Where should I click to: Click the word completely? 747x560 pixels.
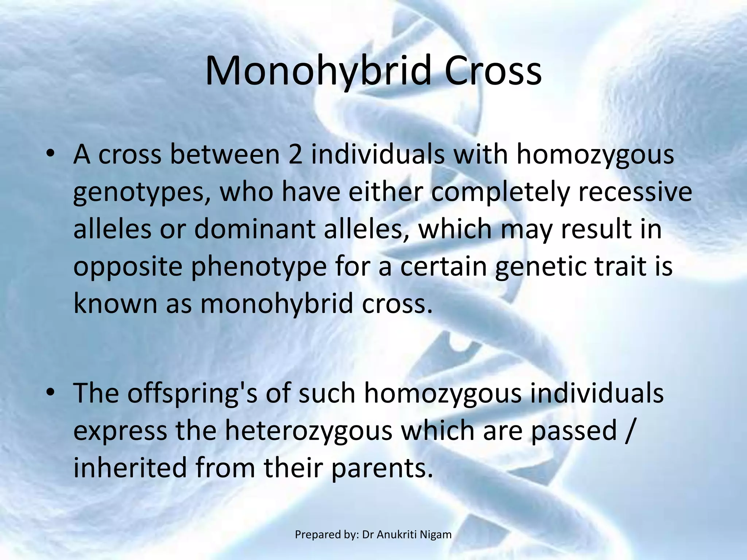tap(500, 192)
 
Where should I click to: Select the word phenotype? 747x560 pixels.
tap(259, 267)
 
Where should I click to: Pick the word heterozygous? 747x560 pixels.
tap(308, 431)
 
